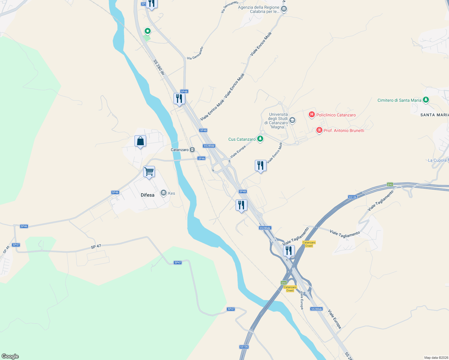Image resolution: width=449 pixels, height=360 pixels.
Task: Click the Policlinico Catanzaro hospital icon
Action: point(312,114)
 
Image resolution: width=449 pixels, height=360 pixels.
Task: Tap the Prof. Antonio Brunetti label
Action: point(344,130)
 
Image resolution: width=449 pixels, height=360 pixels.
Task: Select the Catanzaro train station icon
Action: point(192,150)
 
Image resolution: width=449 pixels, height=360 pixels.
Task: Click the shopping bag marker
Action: point(140,141)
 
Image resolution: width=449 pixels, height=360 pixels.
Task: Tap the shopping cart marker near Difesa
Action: point(149,172)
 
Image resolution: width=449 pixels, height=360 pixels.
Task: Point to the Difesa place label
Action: point(148,195)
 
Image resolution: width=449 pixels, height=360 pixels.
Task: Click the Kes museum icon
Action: point(164,193)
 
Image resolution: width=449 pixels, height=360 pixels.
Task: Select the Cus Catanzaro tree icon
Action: point(260,139)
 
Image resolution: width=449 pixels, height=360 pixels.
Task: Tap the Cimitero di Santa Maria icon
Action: point(426,100)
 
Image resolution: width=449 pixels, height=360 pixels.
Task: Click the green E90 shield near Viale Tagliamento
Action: point(390,184)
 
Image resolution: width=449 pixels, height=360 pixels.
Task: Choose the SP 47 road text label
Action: point(96,247)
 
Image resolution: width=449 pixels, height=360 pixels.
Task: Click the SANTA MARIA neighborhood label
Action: point(434,115)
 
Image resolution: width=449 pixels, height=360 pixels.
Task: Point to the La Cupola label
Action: point(437,160)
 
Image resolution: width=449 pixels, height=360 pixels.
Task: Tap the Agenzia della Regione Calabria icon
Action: point(284,9)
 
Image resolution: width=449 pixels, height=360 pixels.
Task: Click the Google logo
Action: point(10,356)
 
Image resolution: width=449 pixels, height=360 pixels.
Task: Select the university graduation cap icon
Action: point(292,121)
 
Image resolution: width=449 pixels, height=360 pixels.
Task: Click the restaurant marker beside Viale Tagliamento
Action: point(289,250)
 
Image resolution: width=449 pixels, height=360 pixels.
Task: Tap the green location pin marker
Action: point(148,31)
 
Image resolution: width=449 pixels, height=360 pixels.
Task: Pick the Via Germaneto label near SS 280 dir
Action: point(195,53)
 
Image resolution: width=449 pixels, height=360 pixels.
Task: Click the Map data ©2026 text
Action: point(436,358)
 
